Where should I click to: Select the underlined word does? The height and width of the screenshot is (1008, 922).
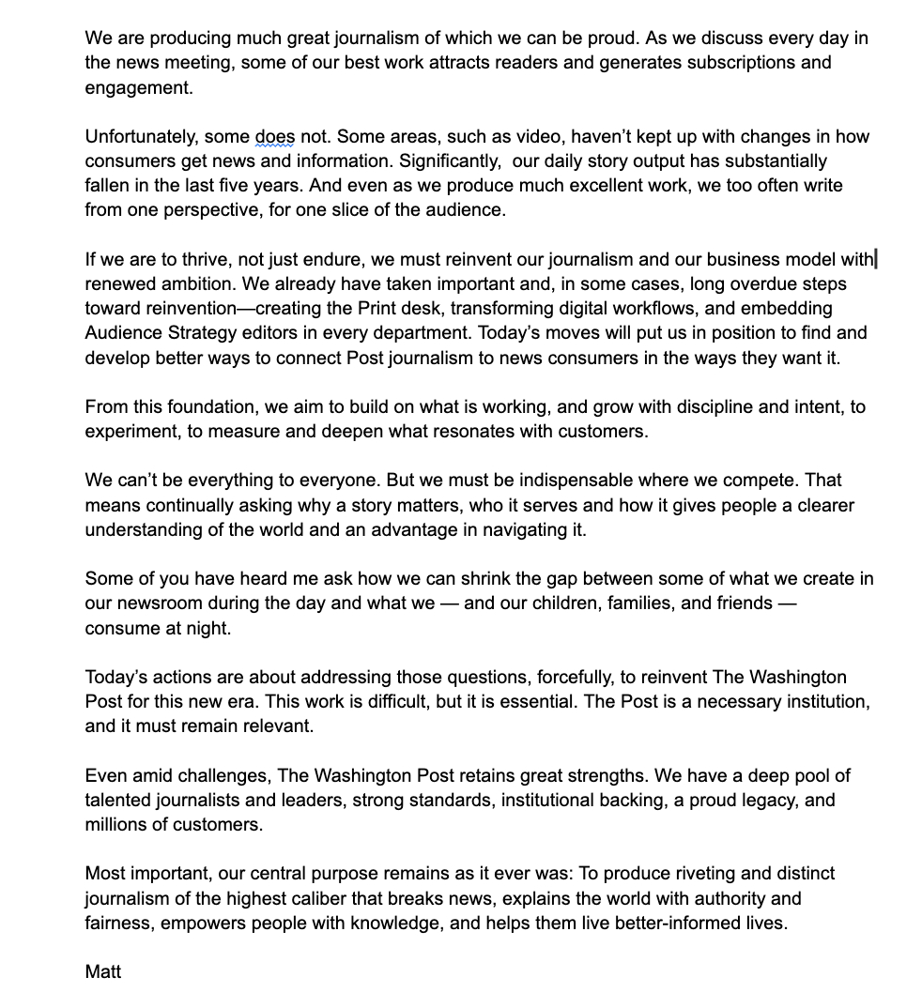(274, 137)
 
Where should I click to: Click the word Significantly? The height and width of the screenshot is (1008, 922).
(451, 161)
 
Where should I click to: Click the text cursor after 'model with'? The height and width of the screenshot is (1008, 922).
(876, 259)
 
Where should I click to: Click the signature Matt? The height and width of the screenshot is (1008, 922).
(103, 971)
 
